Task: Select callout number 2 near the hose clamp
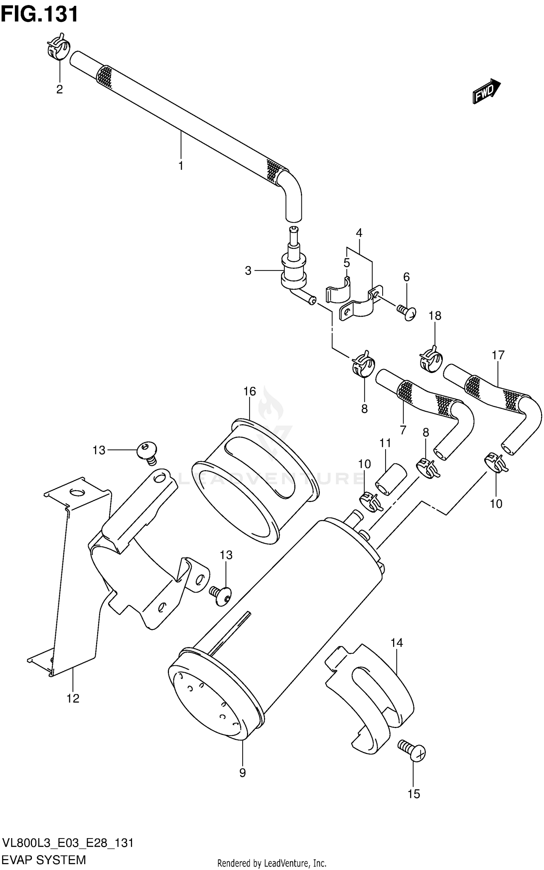pyautogui.click(x=59, y=89)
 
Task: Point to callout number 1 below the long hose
pyautogui.click(x=181, y=166)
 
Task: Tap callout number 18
pyautogui.click(x=435, y=316)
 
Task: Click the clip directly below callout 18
pyautogui.click(x=430, y=359)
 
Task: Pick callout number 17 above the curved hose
pyautogui.click(x=498, y=355)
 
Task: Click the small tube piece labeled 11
pyautogui.click(x=390, y=478)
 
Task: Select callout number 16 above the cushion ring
pyautogui.click(x=250, y=391)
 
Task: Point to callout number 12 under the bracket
pyautogui.click(x=73, y=698)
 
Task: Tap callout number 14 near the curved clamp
pyautogui.click(x=397, y=643)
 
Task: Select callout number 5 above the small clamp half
pyautogui.click(x=347, y=263)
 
